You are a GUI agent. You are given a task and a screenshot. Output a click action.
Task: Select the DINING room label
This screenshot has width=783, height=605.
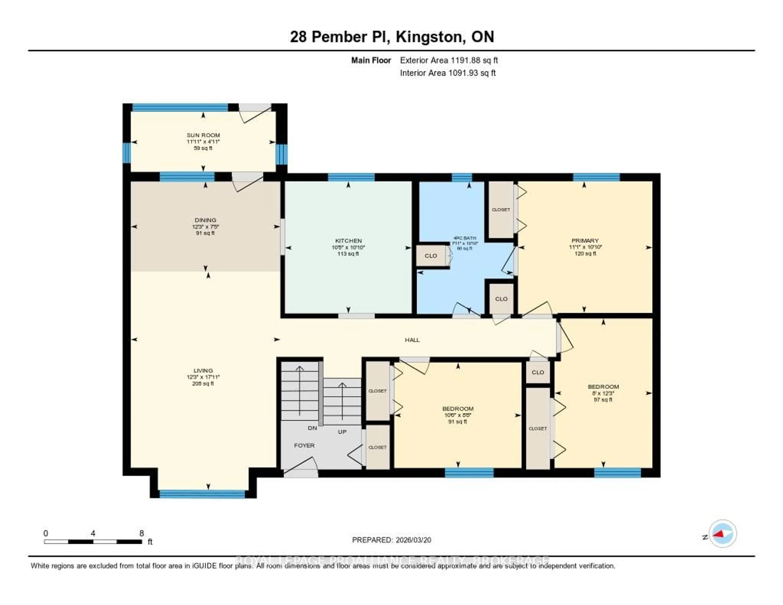pyautogui.click(x=205, y=220)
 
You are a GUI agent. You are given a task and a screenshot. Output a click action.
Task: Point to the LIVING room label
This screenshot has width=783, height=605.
pyautogui.click(x=203, y=370)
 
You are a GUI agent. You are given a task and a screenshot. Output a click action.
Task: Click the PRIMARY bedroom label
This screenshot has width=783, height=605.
pyautogui.click(x=585, y=241)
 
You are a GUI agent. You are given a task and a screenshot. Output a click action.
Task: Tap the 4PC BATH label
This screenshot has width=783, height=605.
pyautogui.click(x=465, y=238)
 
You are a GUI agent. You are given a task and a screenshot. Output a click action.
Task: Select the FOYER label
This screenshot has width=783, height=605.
pyautogui.click(x=304, y=445)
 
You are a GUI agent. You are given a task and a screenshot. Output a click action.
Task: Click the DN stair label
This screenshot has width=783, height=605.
pyautogui.click(x=312, y=428)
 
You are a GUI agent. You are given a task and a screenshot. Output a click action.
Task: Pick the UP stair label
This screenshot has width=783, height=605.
pyautogui.click(x=342, y=432)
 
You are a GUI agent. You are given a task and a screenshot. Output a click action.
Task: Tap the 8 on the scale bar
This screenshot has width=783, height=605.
pyautogui.click(x=142, y=533)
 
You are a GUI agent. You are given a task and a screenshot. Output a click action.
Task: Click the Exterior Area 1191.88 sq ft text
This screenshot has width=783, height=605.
pyautogui.click(x=449, y=60)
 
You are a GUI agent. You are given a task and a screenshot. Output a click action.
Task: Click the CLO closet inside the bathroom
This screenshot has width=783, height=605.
pyautogui.click(x=431, y=256)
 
